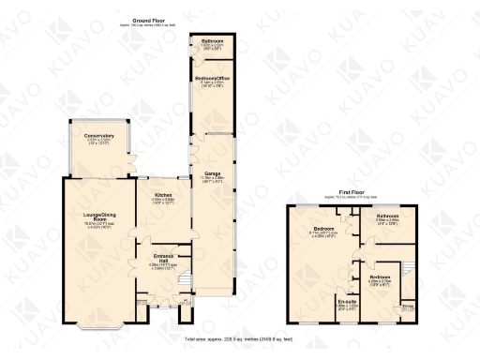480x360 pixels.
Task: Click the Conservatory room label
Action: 97,136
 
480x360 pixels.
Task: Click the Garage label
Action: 212,173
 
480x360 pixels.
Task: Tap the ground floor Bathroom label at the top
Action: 211,41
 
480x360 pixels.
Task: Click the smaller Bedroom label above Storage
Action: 380,277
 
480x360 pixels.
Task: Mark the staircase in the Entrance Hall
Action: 184,279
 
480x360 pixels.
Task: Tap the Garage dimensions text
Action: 212,180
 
